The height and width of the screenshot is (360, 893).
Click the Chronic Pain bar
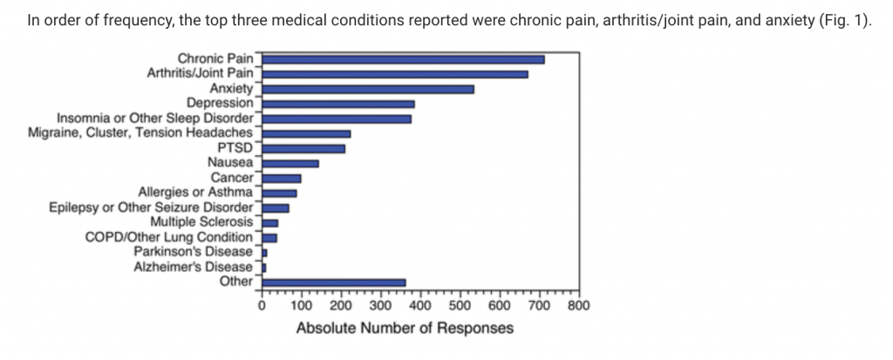[403, 59]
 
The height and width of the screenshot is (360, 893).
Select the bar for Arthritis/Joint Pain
[395, 74]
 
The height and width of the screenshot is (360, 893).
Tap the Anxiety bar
[368, 89]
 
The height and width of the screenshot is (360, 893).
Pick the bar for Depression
[338, 104]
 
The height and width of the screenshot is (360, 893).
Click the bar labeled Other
[334, 282]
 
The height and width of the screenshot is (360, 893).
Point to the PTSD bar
[303, 148]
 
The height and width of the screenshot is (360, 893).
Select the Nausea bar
[290, 163]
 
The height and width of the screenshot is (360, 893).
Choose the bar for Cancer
[282, 178]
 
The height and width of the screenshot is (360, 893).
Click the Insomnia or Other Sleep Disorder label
[155, 118]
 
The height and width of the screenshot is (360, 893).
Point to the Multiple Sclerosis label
[201, 221]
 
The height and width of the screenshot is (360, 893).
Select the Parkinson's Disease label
[193, 251]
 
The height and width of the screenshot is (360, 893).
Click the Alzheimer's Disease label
[193, 266]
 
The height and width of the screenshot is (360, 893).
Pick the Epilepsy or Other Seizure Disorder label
[151, 207]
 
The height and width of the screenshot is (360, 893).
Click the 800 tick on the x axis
[578, 306]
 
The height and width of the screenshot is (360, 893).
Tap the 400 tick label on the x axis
[420, 306]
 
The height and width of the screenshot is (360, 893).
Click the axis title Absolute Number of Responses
[405, 329]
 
